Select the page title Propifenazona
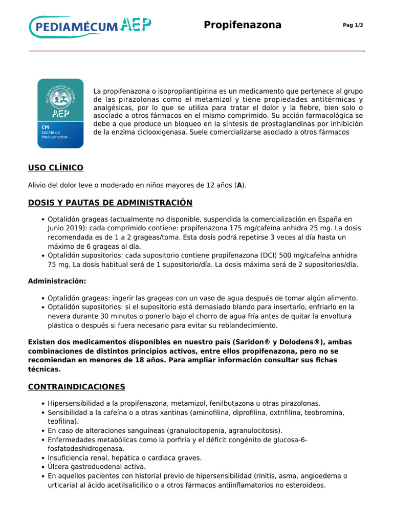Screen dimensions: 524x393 [x=243, y=25]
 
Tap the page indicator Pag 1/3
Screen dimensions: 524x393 [x=353, y=26]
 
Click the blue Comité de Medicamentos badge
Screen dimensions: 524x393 [x=60, y=113]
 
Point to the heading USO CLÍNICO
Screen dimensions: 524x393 [x=55, y=168]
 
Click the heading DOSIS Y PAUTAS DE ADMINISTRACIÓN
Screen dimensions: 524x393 [x=110, y=203]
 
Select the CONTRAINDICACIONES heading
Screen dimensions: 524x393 [x=76, y=387]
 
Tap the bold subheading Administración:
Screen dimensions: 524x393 [x=57, y=281]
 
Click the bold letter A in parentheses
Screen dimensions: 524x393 [x=239, y=185]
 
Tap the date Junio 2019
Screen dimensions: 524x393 [x=67, y=228]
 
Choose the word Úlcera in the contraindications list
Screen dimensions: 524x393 [x=59, y=467]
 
